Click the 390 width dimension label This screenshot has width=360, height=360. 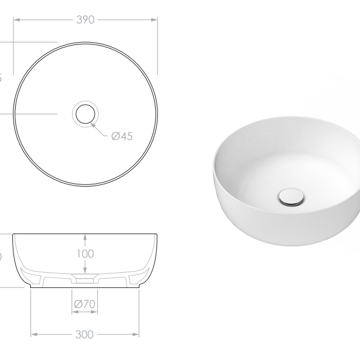tap(85, 19)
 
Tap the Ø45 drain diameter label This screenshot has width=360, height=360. tap(122, 136)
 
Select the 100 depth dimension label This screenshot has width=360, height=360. tap(85, 254)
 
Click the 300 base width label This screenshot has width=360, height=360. tap(85, 334)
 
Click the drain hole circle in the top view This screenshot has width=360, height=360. tap(85, 113)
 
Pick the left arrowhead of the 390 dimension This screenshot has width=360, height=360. tap(16, 19)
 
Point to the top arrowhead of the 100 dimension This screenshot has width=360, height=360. tap(85, 236)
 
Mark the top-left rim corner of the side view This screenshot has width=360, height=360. tap(13, 234)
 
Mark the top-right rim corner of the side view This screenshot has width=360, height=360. tap(157, 234)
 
